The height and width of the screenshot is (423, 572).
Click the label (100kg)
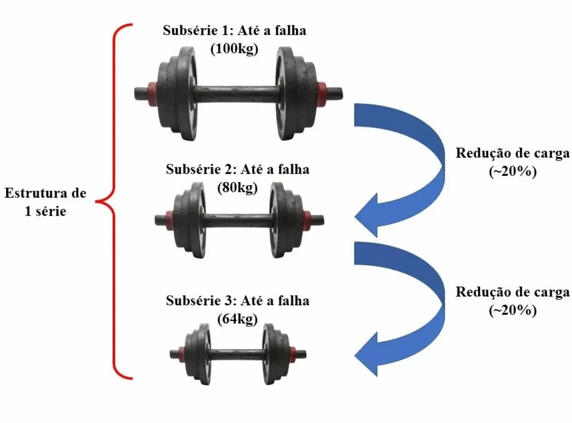point(234,49)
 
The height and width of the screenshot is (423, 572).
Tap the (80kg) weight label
point(237,187)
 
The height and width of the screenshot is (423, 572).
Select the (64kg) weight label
point(237,319)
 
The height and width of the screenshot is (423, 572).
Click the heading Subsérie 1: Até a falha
point(234,31)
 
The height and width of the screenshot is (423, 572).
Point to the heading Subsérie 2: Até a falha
point(237,169)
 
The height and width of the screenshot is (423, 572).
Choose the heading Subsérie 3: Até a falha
point(237,301)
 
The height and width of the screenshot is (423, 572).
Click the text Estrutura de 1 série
point(46,202)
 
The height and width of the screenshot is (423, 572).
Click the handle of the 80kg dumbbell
point(237,220)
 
